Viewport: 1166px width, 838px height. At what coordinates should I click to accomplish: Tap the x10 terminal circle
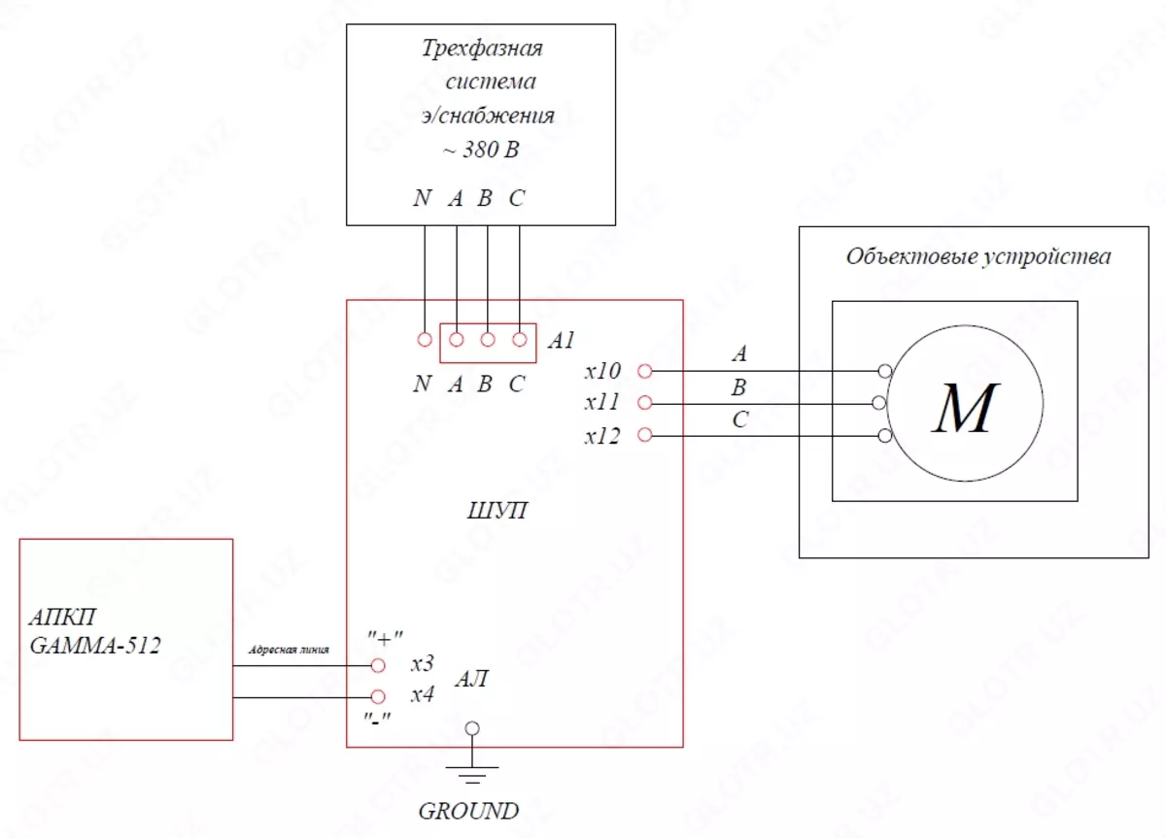643,370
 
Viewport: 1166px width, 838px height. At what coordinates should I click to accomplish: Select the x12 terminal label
601,437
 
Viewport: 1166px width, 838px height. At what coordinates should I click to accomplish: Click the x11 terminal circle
643,402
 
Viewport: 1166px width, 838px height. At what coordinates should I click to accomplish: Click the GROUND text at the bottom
468,811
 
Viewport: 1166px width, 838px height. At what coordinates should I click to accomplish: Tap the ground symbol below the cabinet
471,772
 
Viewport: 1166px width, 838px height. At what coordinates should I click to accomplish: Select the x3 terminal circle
379,665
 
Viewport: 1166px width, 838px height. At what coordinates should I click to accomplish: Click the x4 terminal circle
379,696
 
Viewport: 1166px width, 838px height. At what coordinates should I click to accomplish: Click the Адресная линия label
291,650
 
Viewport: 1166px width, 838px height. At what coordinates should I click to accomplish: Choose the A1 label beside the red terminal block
562,341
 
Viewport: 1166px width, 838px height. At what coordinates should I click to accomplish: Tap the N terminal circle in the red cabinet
424,340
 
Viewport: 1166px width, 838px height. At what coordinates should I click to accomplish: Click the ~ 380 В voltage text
481,150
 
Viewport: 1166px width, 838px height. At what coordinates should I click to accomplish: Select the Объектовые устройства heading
978,257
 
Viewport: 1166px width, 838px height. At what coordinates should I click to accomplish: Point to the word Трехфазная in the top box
481,49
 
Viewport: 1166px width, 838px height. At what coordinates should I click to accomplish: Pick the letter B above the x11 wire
739,388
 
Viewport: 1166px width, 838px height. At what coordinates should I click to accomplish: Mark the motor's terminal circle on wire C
883,436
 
